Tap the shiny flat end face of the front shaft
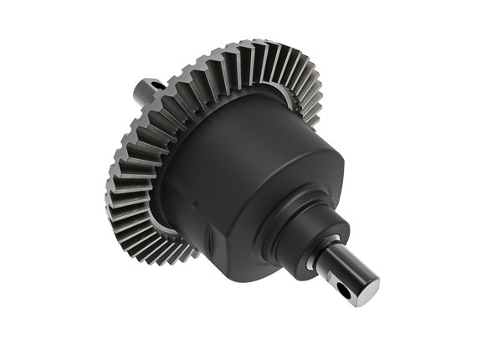coord(369,288)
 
